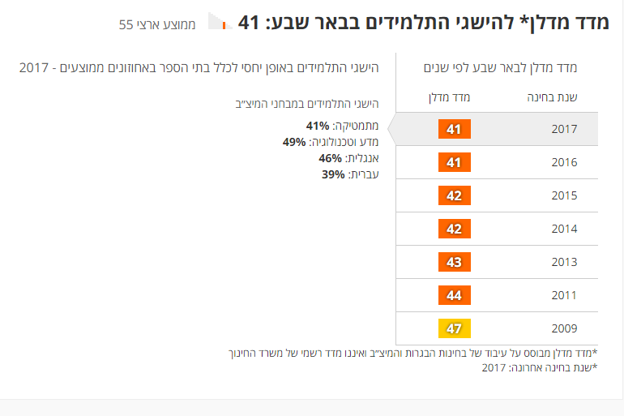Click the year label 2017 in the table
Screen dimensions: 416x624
(563, 129)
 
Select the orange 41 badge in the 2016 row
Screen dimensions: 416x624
(454, 162)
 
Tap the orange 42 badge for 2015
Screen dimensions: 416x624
(454, 195)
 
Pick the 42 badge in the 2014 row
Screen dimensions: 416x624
(454, 229)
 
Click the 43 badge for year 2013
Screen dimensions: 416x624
(454, 262)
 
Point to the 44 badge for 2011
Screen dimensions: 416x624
(454, 295)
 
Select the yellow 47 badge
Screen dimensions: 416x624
(454, 328)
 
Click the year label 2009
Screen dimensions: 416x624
(563, 328)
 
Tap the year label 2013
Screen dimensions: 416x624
(563, 262)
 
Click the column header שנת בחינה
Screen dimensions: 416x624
(553, 97)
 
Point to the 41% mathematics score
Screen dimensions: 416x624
(318, 126)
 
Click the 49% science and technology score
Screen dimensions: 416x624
(294, 142)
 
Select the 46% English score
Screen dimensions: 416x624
(331, 158)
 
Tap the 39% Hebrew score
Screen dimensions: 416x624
(333, 174)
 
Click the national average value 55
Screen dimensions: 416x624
(126, 24)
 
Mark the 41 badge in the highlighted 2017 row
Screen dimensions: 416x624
(454, 129)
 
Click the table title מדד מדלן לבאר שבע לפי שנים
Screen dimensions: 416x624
(506, 67)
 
